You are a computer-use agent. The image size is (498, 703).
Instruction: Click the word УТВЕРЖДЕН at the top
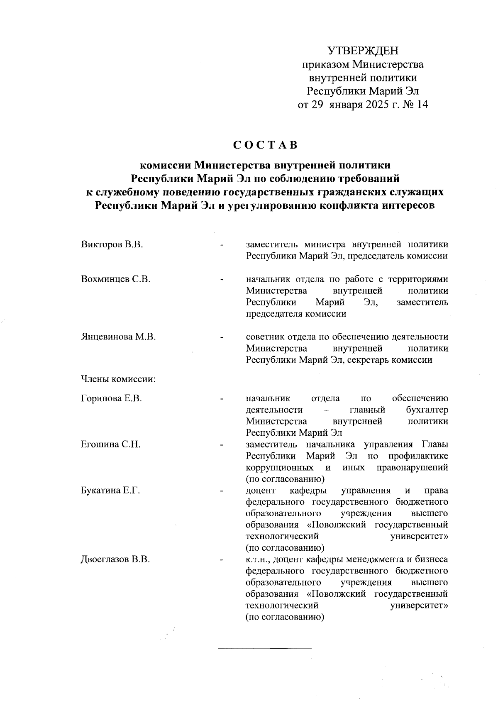[363, 51]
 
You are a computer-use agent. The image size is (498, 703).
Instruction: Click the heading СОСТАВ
[265, 145]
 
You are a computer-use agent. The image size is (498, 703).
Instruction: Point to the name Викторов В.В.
[112, 244]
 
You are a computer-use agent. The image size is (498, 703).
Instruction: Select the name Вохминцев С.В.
[115, 279]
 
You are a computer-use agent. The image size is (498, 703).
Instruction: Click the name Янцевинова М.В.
[118, 337]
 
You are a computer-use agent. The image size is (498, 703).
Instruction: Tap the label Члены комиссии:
[118, 379]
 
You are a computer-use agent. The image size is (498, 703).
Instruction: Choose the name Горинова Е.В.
[112, 399]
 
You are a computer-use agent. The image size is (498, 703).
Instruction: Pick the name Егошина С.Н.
[110, 445]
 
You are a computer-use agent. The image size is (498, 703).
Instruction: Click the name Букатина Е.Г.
[110, 491]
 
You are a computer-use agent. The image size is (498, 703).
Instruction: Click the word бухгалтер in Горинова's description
[427, 410]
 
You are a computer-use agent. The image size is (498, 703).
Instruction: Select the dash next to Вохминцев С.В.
[222, 280]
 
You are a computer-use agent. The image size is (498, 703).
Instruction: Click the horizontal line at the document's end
[264, 648]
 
